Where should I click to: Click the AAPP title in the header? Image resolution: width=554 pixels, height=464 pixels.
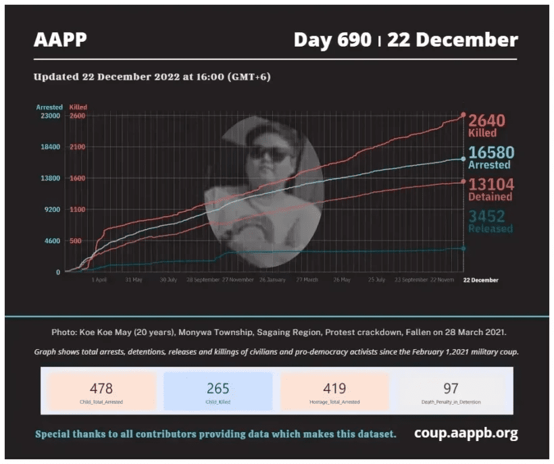(60, 40)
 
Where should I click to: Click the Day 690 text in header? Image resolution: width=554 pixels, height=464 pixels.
(332, 40)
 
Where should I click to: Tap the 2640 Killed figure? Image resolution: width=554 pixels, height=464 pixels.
(486, 121)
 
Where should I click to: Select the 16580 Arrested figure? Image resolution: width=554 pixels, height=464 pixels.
(491, 153)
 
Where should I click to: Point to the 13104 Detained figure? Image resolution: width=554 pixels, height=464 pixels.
(491, 185)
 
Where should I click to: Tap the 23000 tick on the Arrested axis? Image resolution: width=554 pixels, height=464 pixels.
(50, 116)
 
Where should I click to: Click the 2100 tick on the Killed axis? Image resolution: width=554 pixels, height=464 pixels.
(76, 147)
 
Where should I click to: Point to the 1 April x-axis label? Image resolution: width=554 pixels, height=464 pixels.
(99, 280)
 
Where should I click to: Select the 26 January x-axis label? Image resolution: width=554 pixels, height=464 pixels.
(272, 280)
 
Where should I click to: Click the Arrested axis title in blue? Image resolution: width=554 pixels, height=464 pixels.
(49, 107)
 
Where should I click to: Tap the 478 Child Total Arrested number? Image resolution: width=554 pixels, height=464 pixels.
(101, 388)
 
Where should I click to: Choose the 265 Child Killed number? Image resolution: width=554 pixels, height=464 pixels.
(218, 388)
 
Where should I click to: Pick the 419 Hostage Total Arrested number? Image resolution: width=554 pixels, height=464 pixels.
(334, 388)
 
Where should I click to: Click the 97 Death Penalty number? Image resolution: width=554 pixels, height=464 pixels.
(451, 388)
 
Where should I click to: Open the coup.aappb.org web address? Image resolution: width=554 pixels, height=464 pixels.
(466, 433)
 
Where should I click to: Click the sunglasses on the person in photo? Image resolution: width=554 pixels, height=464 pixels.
(270, 154)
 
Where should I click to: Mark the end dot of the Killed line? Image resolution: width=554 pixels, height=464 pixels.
(463, 115)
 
